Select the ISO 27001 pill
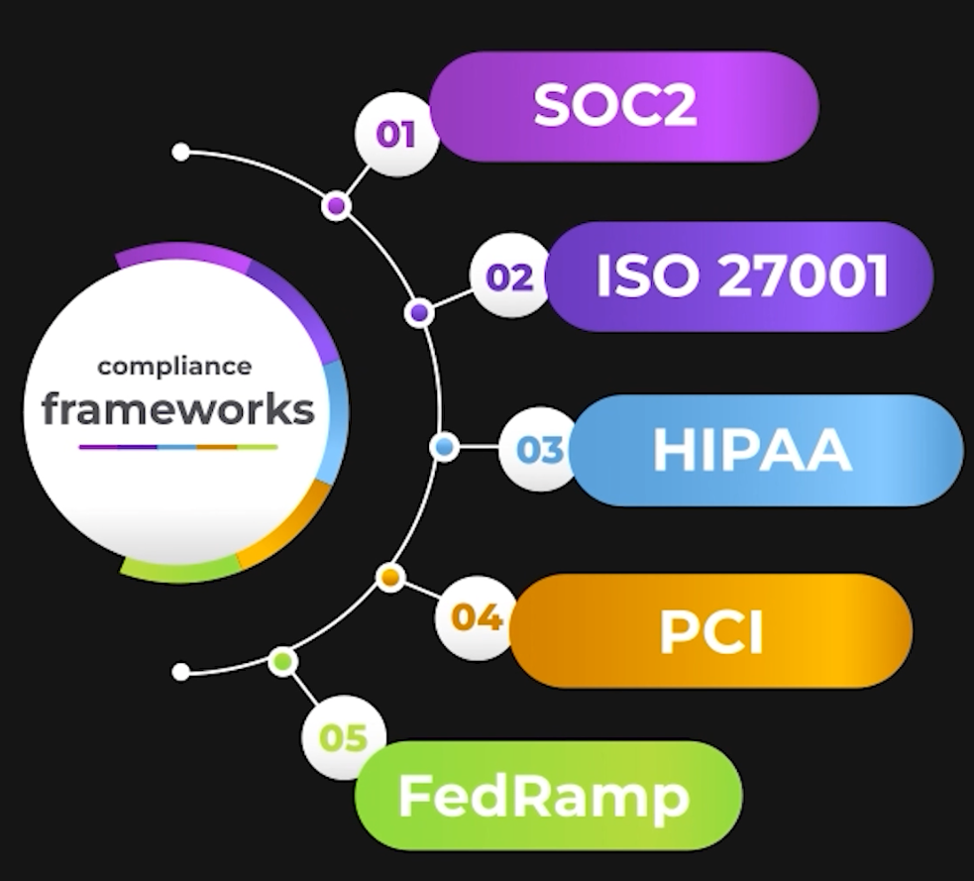click(741, 277)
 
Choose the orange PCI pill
click(710, 631)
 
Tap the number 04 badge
click(477, 618)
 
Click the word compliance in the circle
click(174, 367)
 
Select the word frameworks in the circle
click(178, 409)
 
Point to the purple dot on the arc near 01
click(336, 206)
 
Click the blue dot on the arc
click(445, 447)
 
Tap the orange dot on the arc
click(390, 576)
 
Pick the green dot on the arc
click(283, 659)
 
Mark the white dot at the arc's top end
click(180, 152)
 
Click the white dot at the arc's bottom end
click(180, 672)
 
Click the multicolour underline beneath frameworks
click(178, 447)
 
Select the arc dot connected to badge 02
click(419, 313)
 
